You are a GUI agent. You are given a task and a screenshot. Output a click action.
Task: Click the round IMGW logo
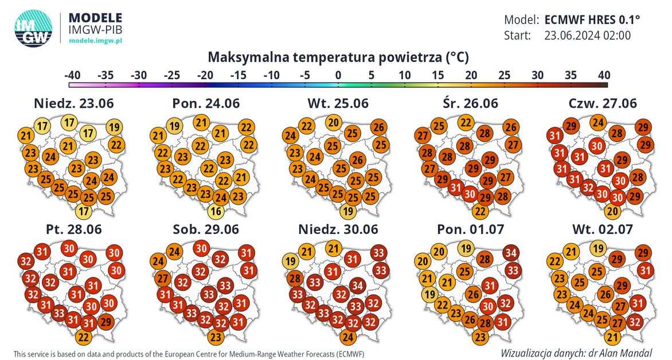coord(33,27)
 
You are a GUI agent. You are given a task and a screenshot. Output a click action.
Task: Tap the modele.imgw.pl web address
coord(95,41)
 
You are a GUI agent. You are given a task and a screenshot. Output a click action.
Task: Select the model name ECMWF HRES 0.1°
coord(592,19)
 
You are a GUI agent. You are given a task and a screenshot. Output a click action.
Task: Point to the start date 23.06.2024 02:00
coord(587,36)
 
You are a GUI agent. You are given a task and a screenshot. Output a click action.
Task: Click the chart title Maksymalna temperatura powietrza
coord(338,57)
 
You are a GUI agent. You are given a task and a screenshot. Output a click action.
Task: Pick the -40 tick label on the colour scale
coord(72,75)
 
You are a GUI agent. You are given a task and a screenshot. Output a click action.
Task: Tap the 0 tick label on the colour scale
coord(338,75)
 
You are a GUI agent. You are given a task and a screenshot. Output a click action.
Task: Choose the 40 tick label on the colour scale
coord(602,75)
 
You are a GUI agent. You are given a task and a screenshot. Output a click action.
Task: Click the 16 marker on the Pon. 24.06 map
coord(216,212)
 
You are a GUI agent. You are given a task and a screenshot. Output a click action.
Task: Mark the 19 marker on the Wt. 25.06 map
coord(347,212)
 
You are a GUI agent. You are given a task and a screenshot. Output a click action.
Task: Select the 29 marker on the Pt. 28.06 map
coord(105,321)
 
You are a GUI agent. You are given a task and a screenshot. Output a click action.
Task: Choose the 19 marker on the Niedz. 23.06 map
coord(114,127)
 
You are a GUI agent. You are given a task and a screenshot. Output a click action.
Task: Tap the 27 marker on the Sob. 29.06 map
coord(162,280)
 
